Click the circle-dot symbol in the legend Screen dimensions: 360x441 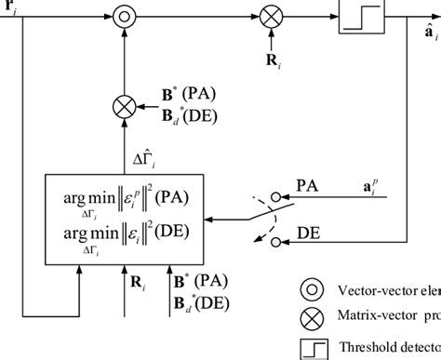point(310,289)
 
